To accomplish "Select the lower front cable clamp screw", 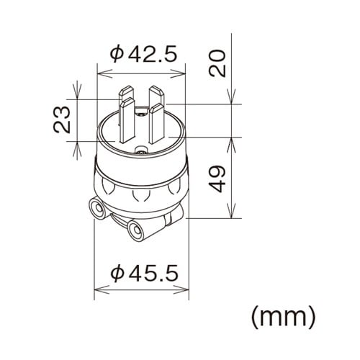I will pyautogui.click(x=134, y=230).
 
